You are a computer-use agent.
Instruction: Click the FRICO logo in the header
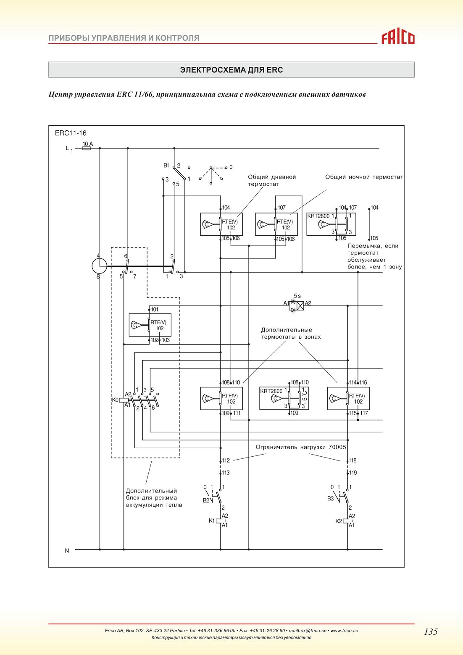click(x=398, y=38)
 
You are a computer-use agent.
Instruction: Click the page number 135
click(x=431, y=632)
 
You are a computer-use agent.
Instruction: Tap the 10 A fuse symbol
click(x=87, y=148)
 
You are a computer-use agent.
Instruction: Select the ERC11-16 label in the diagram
click(x=71, y=133)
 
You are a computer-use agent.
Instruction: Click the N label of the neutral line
click(x=67, y=551)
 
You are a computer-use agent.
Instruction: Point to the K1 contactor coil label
click(x=212, y=521)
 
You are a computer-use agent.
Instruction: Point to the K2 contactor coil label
click(x=339, y=521)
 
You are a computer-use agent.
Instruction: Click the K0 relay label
click(x=115, y=400)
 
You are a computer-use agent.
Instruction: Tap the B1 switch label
click(x=166, y=166)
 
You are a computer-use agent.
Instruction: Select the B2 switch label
click(x=206, y=500)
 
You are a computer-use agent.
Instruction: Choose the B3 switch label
click(x=331, y=499)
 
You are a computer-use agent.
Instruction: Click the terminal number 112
click(x=226, y=460)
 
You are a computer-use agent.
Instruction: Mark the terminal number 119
click(x=353, y=473)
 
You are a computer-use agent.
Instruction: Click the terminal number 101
click(x=155, y=309)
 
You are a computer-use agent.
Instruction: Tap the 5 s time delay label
click(x=297, y=296)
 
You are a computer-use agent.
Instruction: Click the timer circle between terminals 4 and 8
click(x=100, y=266)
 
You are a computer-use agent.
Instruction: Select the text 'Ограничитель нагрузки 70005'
click(x=301, y=447)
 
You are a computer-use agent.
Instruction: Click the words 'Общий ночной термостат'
click(x=364, y=177)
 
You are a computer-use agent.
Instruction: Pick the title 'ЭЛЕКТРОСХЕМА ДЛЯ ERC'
click(x=232, y=70)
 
